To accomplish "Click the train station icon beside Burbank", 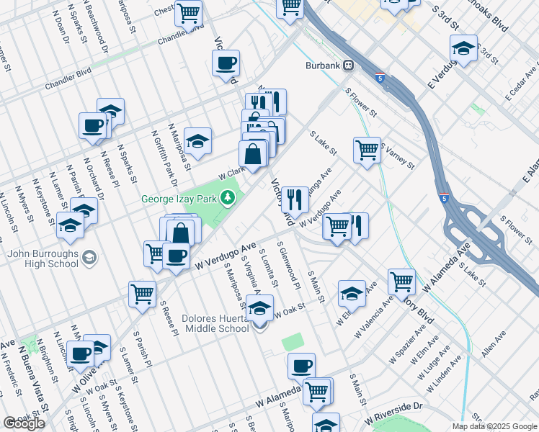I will pyautogui.click(x=349, y=66).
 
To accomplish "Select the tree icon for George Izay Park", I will pyautogui.click(x=228, y=197).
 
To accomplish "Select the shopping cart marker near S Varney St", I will pyautogui.click(x=367, y=150).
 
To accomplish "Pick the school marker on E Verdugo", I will pyautogui.click(x=463, y=48).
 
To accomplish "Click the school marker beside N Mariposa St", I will pyautogui.click(x=197, y=140).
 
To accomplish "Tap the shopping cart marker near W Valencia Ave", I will pyautogui.click(x=401, y=282).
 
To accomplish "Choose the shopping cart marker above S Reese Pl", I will pyautogui.click(x=142, y=293).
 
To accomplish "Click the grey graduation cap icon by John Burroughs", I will pyautogui.click(x=89, y=257).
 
